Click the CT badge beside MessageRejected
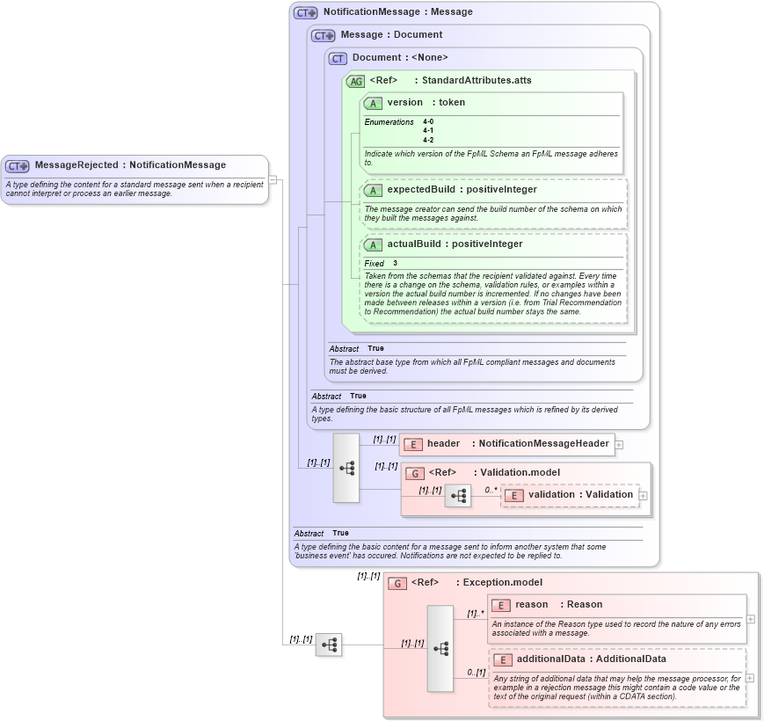click(18, 165)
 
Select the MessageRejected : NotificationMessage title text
click(130, 164)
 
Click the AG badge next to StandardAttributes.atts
click(355, 81)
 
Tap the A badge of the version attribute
click(373, 103)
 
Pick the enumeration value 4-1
click(427, 130)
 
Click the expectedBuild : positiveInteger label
click(462, 189)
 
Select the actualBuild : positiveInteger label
click(455, 244)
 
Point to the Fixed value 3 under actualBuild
click(395, 263)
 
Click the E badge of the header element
click(413, 444)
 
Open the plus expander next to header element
click(619, 444)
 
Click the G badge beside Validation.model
click(415, 473)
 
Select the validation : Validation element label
click(580, 494)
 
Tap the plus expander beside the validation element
click(644, 495)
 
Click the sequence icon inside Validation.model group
click(457, 496)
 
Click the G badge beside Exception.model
click(397, 583)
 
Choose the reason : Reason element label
click(558, 604)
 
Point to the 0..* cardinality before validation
click(490, 489)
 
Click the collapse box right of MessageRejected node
click(273, 179)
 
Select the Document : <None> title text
click(400, 58)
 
